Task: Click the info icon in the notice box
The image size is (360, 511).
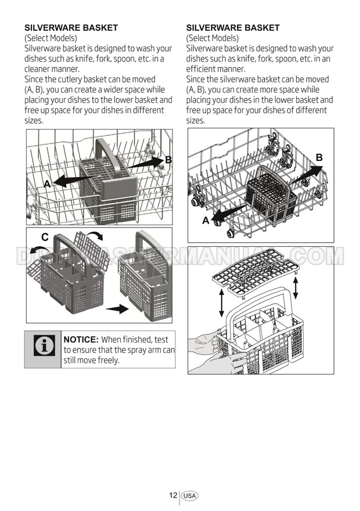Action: pos(44,345)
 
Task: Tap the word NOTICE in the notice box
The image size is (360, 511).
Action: pos(81,340)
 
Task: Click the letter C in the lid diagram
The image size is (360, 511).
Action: pos(45,237)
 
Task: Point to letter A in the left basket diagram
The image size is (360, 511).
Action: pos(47,184)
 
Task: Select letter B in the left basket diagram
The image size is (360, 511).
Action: pos(168,159)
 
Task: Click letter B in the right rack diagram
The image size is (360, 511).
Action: pos(319,157)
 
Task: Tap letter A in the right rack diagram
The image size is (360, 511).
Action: pos(206,221)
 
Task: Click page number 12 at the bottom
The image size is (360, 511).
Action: pos(173,495)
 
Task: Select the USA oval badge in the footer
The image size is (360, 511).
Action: pos(190,496)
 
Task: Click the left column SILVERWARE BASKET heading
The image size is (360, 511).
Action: pos(71,28)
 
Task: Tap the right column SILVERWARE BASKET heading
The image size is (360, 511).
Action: pos(233,28)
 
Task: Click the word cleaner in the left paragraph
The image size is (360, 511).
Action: pos(35,69)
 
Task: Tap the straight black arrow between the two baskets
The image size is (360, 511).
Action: pos(117,308)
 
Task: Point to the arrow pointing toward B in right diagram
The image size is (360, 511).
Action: pos(305,175)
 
